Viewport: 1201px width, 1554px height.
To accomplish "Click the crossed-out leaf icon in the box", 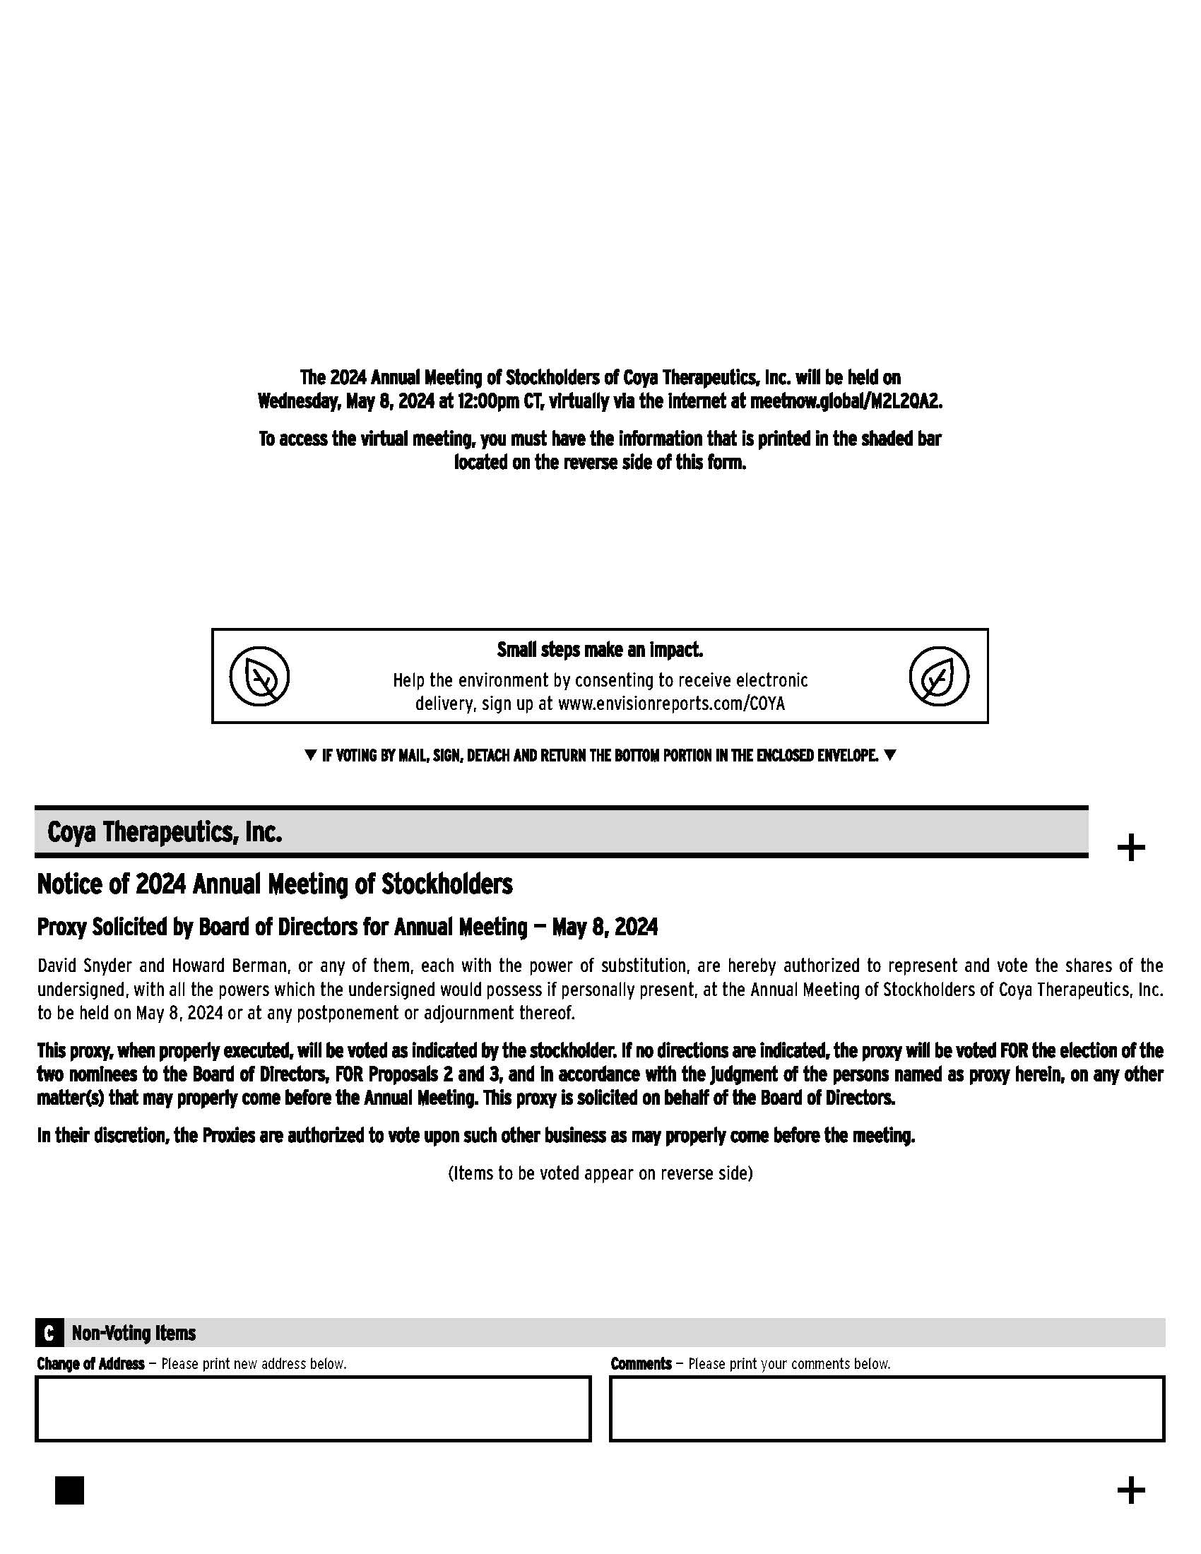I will click(259, 676).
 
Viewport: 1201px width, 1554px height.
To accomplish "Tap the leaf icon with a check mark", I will click(938, 676).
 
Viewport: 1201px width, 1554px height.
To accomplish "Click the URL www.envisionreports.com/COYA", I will click(671, 704).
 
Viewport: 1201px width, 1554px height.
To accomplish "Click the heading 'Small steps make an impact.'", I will click(600, 651).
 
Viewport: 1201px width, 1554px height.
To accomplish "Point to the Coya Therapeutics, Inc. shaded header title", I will click(165, 832).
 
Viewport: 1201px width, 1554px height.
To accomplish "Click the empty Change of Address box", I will click(313, 1409).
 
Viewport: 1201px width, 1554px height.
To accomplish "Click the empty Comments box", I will click(887, 1409).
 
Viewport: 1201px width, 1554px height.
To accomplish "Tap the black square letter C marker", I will click(49, 1333).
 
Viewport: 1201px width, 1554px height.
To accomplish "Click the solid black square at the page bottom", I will click(69, 1490).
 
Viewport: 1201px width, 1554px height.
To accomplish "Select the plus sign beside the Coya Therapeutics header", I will click(1130, 848).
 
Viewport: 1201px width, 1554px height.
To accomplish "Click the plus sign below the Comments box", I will click(1130, 1490).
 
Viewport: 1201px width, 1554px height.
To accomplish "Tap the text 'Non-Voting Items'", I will click(134, 1333).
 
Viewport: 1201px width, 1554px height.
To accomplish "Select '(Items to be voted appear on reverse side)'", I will click(600, 1173).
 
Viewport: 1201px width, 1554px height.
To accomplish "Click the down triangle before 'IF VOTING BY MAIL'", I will click(309, 756).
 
